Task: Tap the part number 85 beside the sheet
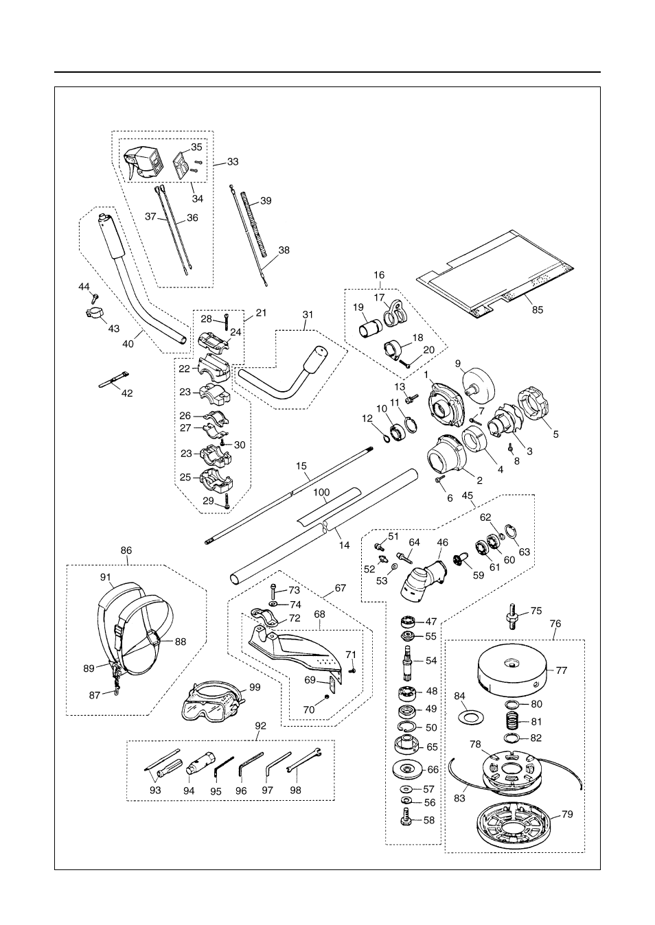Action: [538, 309]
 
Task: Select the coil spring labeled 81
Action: [512, 721]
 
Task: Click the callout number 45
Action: [468, 495]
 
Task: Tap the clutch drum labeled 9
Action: [478, 382]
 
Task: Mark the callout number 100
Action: [321, 492]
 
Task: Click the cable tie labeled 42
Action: [114, 379]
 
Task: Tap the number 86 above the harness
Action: [126, 550]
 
